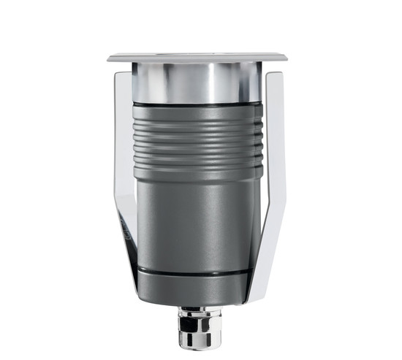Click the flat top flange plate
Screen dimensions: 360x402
(x=197, y=57)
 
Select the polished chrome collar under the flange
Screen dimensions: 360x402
(x=197, y=82)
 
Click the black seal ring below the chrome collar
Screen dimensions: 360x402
(x=197, y=102)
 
